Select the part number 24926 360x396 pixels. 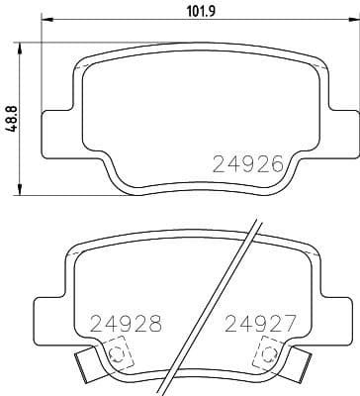249,163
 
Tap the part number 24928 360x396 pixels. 126,323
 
